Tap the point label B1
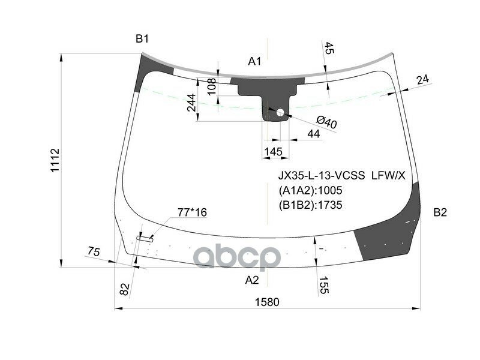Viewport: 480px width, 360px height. [142, 40]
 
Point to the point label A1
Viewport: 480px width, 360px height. [255, 61]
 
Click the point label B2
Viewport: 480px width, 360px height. [440, 212]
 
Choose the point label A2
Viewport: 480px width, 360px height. [252, 280]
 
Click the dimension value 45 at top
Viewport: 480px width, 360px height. [329, 50]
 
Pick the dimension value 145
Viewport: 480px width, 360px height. [273, 152]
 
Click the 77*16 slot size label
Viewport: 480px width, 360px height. [192, 212]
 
